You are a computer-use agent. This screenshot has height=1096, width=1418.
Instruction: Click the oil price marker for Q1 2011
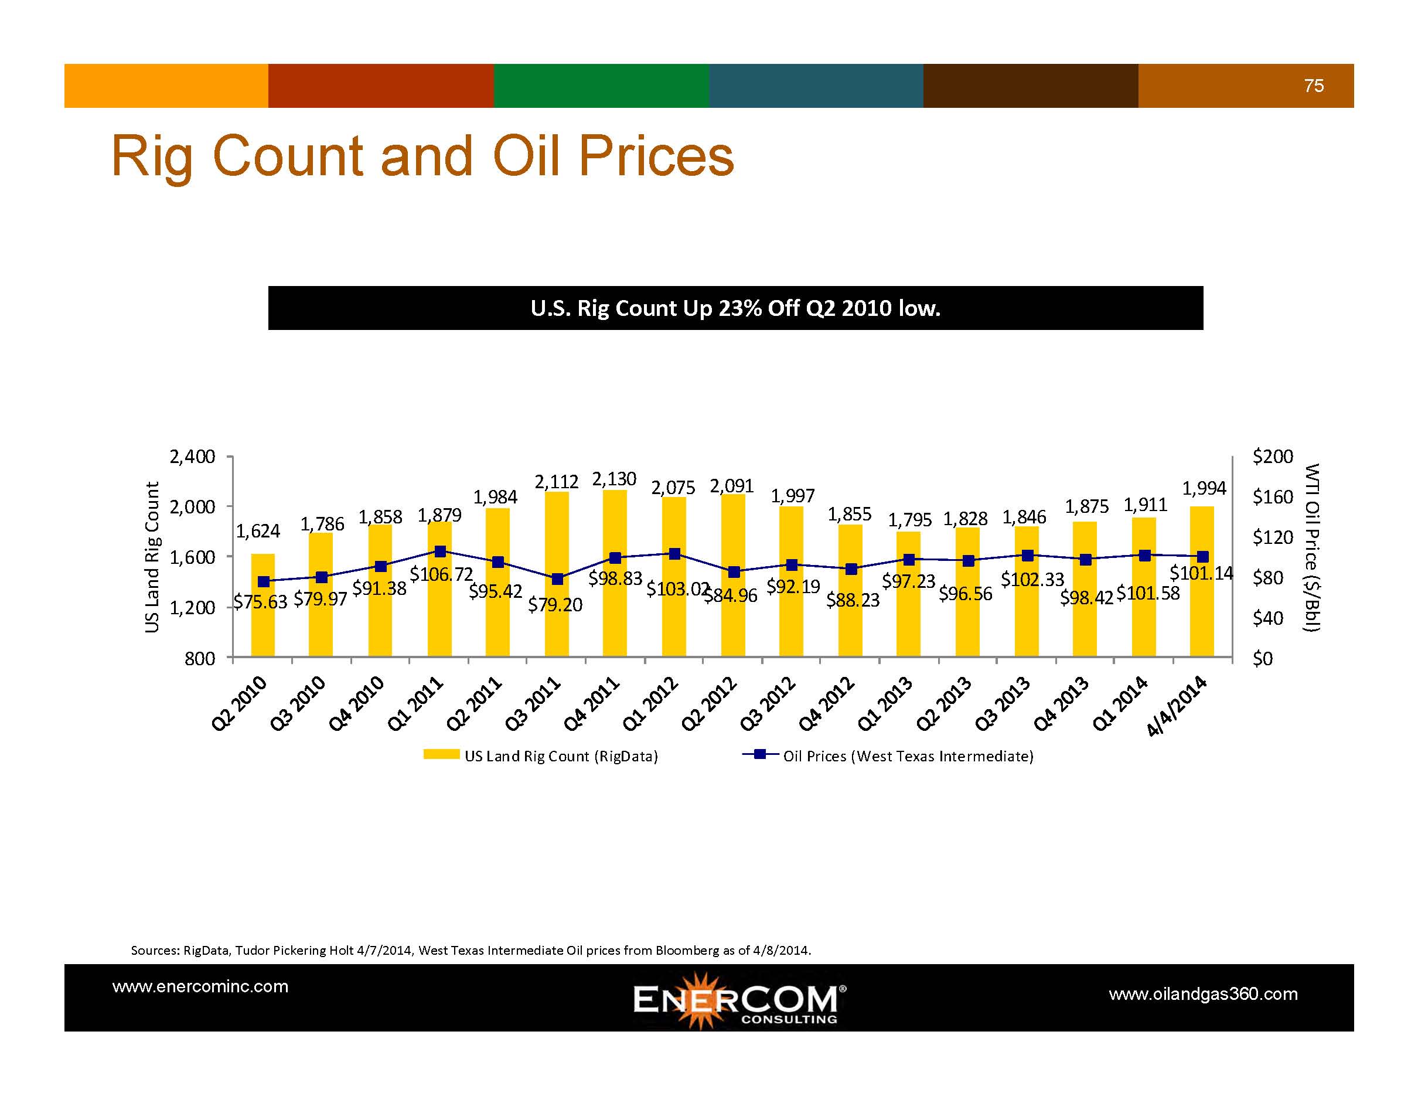tap(439, 552)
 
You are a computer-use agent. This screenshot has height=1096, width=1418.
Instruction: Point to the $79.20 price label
tap(554, 605)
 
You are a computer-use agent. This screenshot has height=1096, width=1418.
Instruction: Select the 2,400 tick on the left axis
tap(192, 457)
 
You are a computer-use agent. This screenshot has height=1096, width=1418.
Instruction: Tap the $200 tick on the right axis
tap(1272, 457)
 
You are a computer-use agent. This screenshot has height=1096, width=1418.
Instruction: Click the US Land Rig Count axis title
tap(152, 556)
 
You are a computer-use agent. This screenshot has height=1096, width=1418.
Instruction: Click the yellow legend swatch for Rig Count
tap(441, 754)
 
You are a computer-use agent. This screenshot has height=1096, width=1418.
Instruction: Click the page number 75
tap(1314, 86)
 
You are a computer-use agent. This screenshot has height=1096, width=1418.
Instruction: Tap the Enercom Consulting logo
tap(738, 1000)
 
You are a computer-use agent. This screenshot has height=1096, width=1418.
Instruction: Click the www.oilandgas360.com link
tap(1202, 994)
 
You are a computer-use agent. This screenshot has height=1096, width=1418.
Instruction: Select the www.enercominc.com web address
tap(200, 986)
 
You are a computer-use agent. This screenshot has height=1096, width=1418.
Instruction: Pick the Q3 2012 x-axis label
tap(768, 703)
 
